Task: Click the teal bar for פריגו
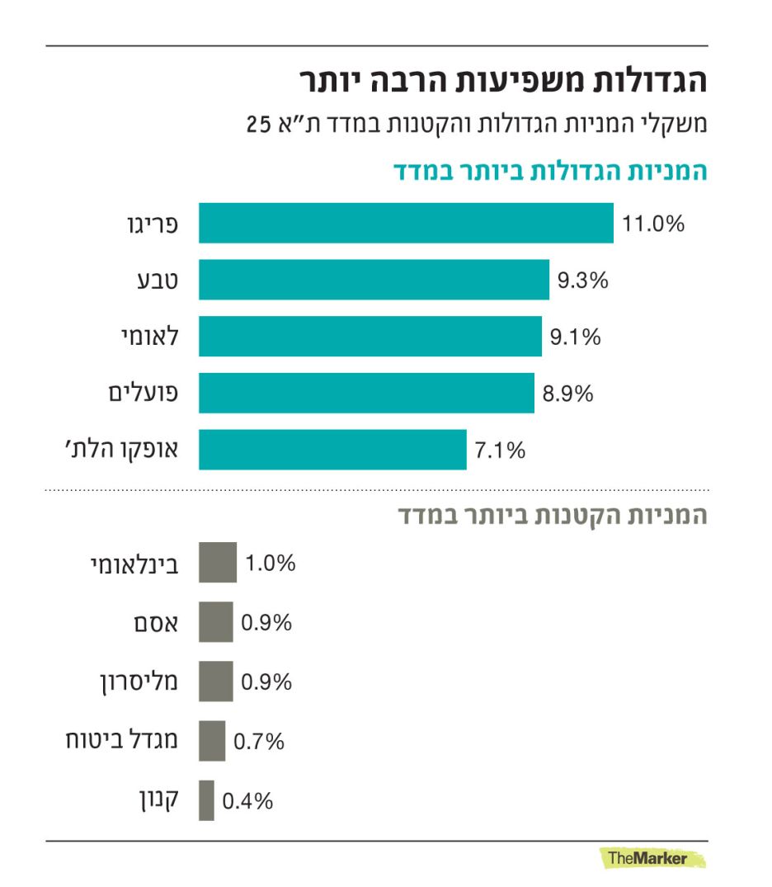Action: pyautogui.click(x=406, y=223)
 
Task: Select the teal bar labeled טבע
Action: pyautogui.click(x=374, y=280)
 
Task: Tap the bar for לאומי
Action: pyautogui.click(x=370, y=337)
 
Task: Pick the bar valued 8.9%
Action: pyautogui.click(x=366, y=393)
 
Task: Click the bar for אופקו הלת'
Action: pyautogui.click(x=332, y=450)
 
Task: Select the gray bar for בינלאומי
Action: pyautogui.click(x=218, y=563)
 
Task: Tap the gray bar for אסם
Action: pyautogui.click(x=215, y=622)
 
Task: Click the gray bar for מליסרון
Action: pyautogui.click(x=215, y=682)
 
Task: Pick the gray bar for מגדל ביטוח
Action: pyautogui.click(x=212, y=741)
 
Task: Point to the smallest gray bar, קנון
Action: pyautogui.click(x=206, y=800)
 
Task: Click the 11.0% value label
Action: pyautogui.click(x=653, y=224)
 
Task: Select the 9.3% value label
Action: pyautogui.click(x=582, y=281)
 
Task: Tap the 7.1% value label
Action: pyautogui.click(x=500, y=451)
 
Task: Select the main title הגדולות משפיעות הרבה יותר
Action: pyautogui.click(x=502, y=83)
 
